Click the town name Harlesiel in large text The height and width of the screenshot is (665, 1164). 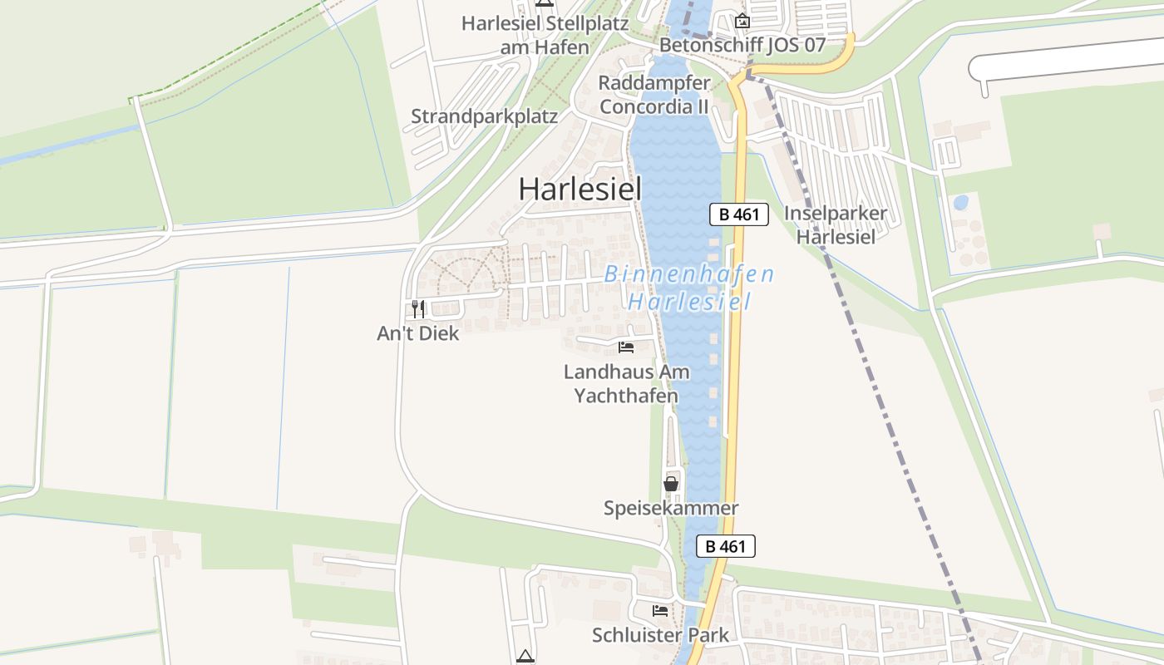[x=580, y=190]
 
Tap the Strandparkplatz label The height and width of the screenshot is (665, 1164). [x=484, y=116]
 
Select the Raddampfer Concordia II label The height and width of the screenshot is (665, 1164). [x=654, y=95]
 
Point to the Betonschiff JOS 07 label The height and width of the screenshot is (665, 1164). [x=742, y=45]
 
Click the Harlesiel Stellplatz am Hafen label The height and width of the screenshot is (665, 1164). [x=545, y=35]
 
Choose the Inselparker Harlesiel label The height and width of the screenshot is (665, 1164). [x=836, y=224]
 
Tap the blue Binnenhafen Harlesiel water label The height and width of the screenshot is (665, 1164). [x=689, y=287]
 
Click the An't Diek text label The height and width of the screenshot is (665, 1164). [x=417, y=333]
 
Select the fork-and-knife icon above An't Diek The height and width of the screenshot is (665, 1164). [x=418, y=309]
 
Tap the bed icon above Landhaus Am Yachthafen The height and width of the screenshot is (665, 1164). [x=626, y=347]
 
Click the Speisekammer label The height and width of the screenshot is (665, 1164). [x=671, y=508]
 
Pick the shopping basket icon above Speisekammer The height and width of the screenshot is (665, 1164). [x=671, y=483]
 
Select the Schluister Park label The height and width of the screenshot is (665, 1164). [x=660, y=635]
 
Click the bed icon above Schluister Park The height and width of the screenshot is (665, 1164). [x=660, y=610]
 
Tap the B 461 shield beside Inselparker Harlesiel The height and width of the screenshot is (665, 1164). [x=738, y=214]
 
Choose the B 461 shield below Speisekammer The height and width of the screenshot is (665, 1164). [x=725, y=546]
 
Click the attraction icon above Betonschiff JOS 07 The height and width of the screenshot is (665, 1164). [x=742, y=21]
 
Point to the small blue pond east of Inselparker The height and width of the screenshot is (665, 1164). [x=960, y=202]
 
